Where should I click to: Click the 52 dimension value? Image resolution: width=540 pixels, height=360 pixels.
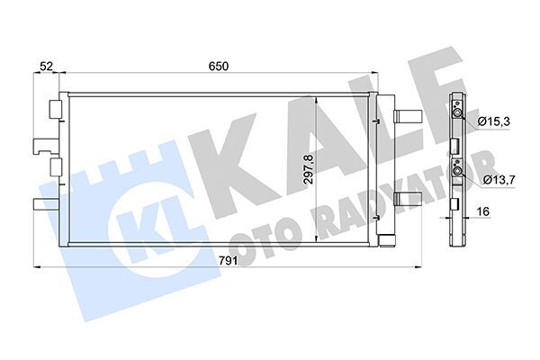46,67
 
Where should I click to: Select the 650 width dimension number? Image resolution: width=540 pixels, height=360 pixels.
219,67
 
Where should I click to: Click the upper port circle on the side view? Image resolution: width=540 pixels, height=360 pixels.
458,112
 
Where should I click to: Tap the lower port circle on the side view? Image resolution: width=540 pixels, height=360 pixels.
458,170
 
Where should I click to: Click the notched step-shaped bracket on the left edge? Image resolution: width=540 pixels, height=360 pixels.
42,143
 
